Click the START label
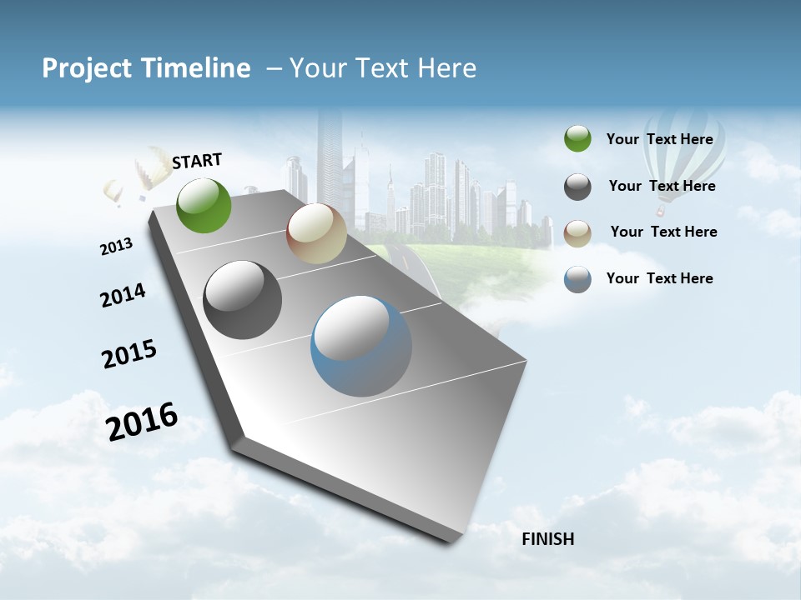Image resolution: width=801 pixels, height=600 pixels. pyautogui.click(x=197, y=161)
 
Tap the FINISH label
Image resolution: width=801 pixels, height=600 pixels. pyautogui.click(x=547, y=539)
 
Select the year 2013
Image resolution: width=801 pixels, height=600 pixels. pyautogui.click(x=116, y=247)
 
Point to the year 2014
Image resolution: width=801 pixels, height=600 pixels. pyautogui.click(x=123, y=295)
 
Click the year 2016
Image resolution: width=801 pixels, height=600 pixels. pyautogui.click(x=142, y=422)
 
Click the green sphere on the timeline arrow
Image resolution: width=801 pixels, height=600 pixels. pyautogui.click(x=204, y=206)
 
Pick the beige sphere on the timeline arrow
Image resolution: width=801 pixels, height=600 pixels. pyautogui.click(x=316, y=234)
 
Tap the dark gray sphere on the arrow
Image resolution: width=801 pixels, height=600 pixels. pyautogui.click(x=243, y=300)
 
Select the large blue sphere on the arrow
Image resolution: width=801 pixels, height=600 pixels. pyautogui.click(x=361, y=346)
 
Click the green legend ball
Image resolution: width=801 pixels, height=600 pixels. pyautogui.click(x=577, y=139)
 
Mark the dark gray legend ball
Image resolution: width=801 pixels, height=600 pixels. pyautogui.click(x=577, y=187)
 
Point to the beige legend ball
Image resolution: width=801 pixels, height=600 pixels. pyautogui.click(x=577, y=232)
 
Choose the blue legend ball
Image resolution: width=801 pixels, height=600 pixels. pyautogui.click(x=577, y=279)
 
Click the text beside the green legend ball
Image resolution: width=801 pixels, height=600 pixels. pyautogui.click(x=659, y=139)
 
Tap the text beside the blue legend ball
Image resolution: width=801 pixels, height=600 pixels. pyautogui.click(x=659, y=278)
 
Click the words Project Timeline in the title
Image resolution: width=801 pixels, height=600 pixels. pyautogui.click(x=146, y=68)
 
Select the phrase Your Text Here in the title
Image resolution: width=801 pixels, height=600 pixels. pyautogui.click(x=383, y=68)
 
